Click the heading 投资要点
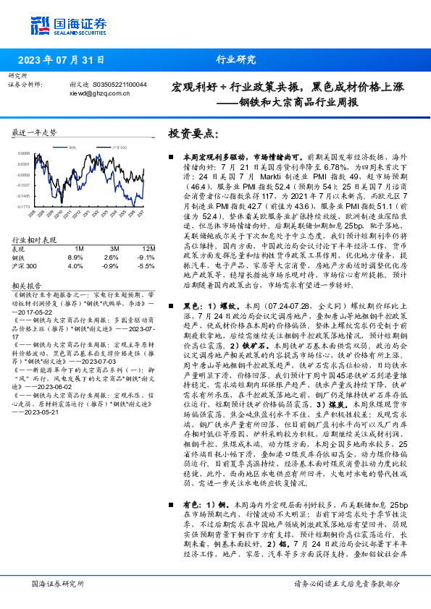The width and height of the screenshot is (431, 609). (193, 134)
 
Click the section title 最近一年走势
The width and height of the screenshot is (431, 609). (34, 133)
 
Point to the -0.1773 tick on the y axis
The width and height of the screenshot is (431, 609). (24, 206)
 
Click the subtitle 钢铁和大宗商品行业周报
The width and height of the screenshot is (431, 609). (298, 101)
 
